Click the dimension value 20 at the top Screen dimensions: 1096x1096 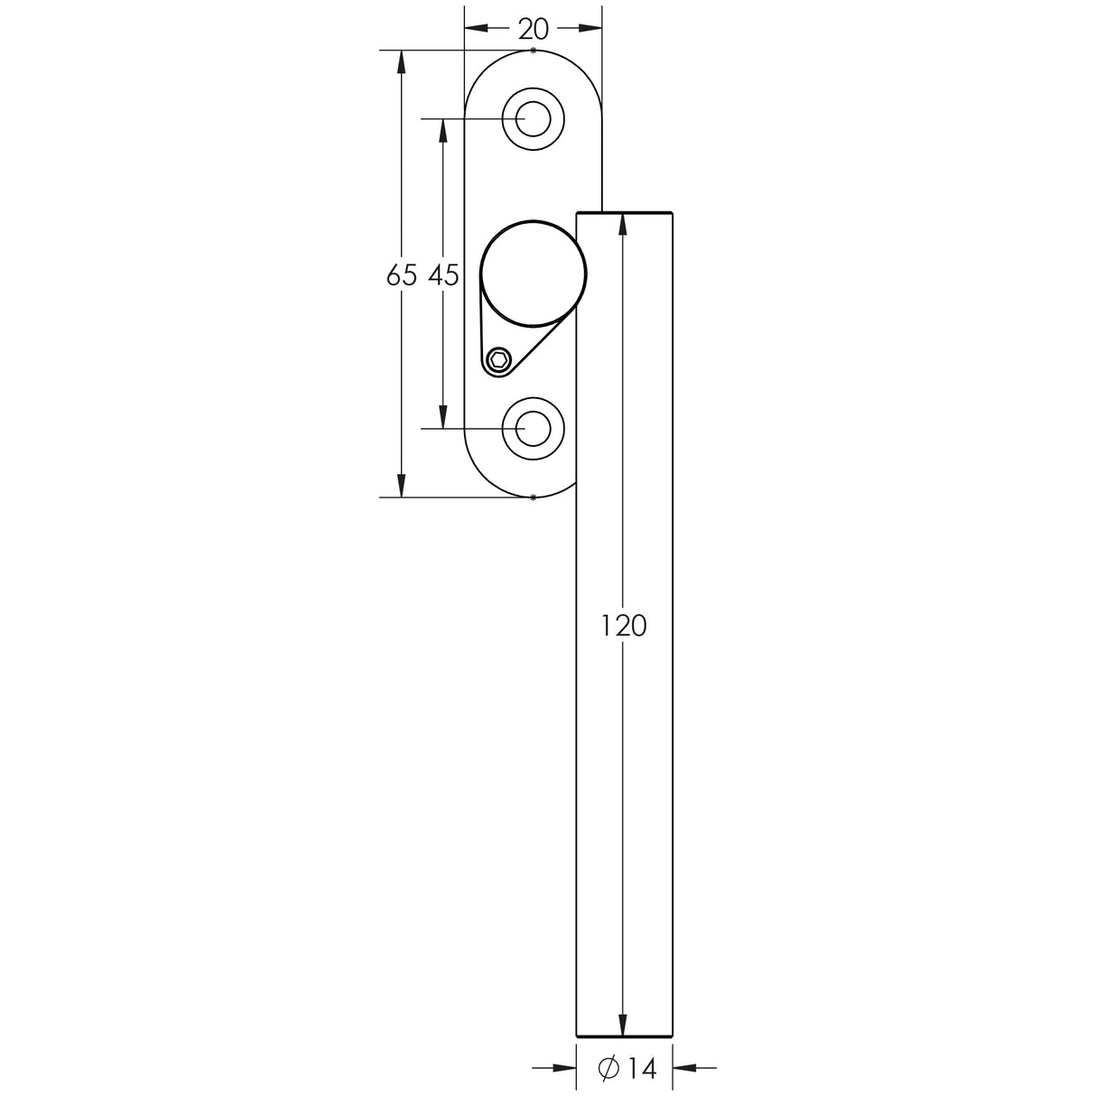tap(533, 29)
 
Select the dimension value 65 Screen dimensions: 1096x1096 tap(401, 275)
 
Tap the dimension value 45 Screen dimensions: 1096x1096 tap(443, 275)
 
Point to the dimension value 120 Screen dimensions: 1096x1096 tap(624, 625)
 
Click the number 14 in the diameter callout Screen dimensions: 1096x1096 tap(640, 1068)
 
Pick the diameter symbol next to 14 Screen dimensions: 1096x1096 tap(608, 1068)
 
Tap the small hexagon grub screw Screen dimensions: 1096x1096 tap(497, 361)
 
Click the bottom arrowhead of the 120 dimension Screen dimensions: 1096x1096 tap(623, 1026)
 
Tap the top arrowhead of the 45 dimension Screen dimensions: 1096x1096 tap(442, 129)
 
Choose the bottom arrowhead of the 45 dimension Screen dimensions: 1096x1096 tap(442, 417)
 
